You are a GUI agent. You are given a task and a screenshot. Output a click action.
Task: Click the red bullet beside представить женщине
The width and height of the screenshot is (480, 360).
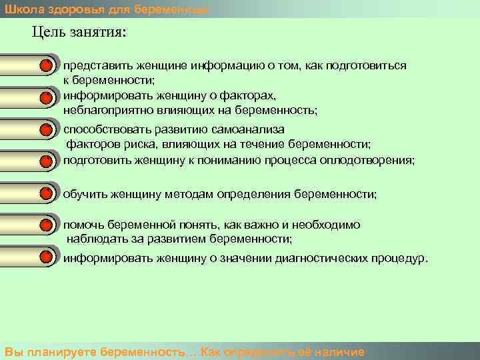click(45, 67)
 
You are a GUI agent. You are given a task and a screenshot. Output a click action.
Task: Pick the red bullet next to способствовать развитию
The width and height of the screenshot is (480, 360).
click(45, 129)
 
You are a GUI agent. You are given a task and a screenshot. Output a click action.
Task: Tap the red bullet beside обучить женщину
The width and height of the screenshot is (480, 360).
click(45, 194)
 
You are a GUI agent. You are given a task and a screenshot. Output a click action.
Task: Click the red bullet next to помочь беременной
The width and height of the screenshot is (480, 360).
click(45, 225)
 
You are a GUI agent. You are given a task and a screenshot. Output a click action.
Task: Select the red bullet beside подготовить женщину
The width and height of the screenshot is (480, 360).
click(45, 161)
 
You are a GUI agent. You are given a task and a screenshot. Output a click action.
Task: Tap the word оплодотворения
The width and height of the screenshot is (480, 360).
click(370, 161)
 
